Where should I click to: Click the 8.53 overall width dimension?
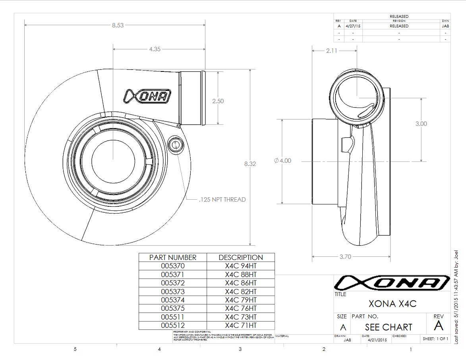[118, 25]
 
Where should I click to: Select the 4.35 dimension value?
[155, 49]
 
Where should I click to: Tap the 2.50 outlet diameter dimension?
[218, 101]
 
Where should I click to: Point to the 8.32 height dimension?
[249, 164]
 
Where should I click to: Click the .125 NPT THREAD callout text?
[222, 200]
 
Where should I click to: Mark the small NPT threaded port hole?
[175, 144]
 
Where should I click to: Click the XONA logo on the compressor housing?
[147, 96]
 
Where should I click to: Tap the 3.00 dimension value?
[421, 124]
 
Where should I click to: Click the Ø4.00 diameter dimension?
[282, 161]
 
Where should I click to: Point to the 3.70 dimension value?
[345, 257]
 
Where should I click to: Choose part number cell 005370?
[173, 266]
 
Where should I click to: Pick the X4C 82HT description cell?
[241, 291]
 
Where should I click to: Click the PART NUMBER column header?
[173, 257]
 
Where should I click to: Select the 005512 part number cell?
[173, 325]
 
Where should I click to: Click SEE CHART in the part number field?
[389, 327]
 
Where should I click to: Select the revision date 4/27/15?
[353, 26]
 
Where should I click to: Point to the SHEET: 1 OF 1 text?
[435, 339]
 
